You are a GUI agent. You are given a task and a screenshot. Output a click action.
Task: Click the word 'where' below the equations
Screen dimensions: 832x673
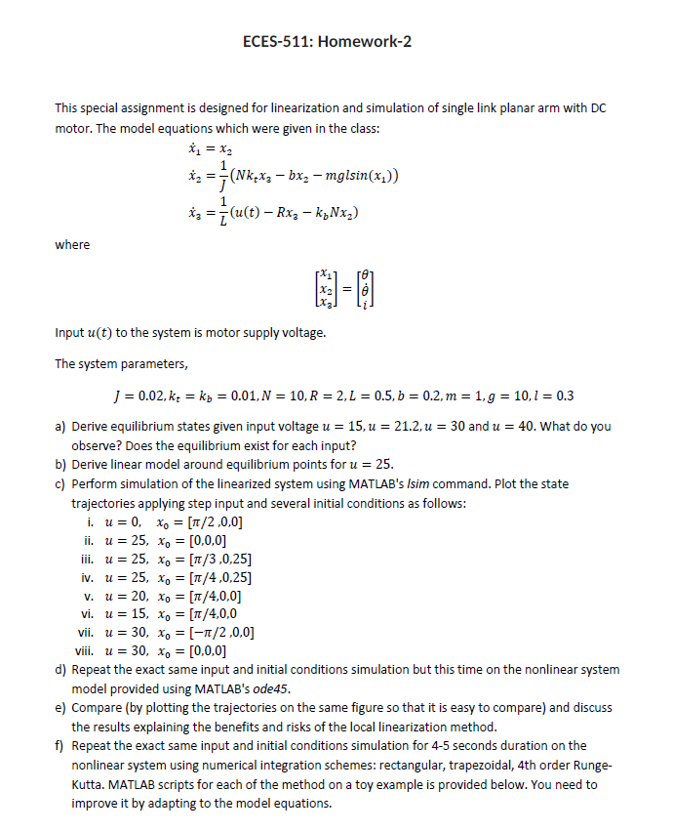[72, 245]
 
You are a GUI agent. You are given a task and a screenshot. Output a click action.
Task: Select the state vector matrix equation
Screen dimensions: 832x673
[336, 293]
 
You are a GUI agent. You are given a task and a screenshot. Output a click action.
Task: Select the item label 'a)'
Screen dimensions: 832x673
[61, 427]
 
